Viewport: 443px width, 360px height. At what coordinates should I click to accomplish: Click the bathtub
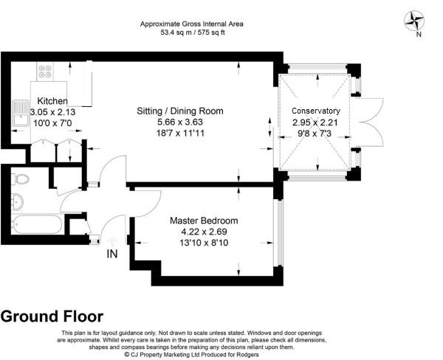[39, 224]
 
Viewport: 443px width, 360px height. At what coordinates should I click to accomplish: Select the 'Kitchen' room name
[52, 101]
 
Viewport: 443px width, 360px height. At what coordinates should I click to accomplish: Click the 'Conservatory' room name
[316, 111]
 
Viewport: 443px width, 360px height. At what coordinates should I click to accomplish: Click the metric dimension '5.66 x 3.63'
[180, 122]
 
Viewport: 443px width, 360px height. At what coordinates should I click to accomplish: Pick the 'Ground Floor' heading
[52, 316]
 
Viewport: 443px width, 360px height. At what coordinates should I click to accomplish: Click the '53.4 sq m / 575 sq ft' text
[192, 33]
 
